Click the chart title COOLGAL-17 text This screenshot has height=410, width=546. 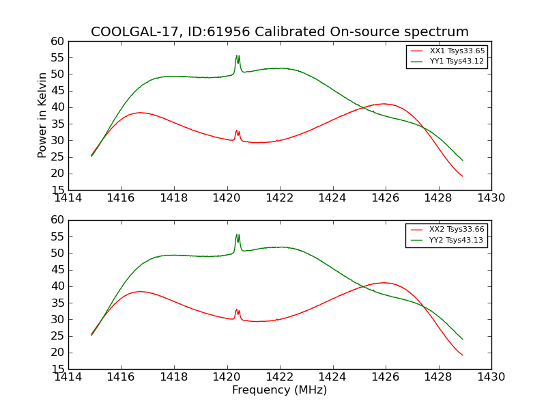[279, 32]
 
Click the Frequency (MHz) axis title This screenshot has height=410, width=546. [279, 390]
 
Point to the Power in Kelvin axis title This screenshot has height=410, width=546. [42, 115]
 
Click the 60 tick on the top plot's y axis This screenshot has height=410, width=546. [57, 42]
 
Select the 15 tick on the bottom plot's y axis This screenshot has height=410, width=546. [57, 370]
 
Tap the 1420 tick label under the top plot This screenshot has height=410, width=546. [227, 199]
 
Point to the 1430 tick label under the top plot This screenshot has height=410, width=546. [491, 199]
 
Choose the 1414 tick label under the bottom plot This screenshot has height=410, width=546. [69, 377]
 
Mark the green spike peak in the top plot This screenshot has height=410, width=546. [237, 56]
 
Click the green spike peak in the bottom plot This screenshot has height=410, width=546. [237, 234]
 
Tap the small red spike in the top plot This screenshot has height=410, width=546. [237, 131]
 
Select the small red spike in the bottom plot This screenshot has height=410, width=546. [237, 310]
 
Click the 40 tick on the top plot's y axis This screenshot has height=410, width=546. [57, 107]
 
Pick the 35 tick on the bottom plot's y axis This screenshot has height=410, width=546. [57, 303]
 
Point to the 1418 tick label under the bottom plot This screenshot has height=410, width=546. [174, 377]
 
